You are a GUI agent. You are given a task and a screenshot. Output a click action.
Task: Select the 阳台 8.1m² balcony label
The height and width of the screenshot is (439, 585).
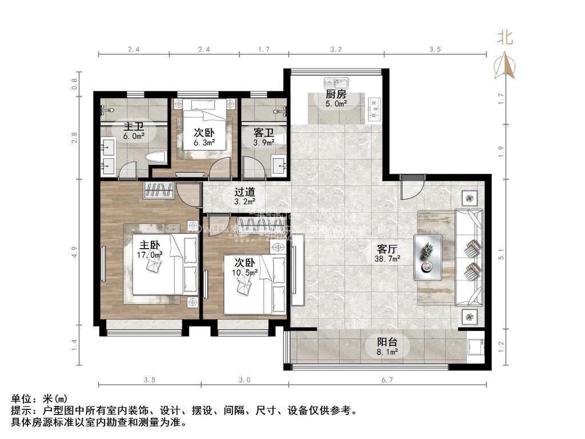[x=387, y=347]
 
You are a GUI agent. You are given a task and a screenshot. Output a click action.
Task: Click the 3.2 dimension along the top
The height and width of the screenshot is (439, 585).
[x=336, y=50]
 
